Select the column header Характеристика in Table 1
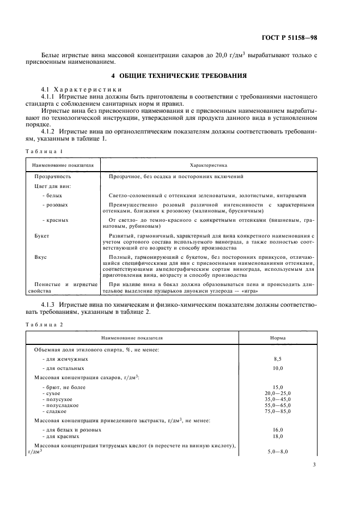(208, 163)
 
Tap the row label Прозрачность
(53, 177)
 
